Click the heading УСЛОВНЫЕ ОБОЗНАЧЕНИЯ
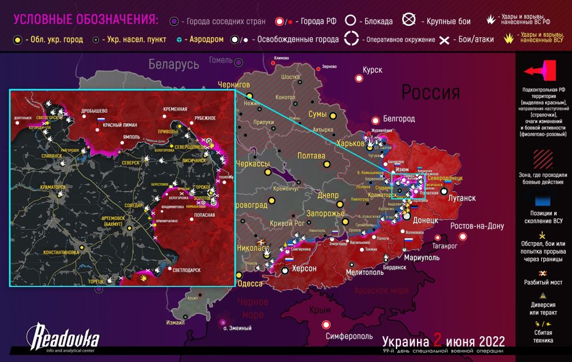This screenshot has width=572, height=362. (86, 19)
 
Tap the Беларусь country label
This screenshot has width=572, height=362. (174, 64)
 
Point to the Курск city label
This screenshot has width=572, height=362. (372, 70)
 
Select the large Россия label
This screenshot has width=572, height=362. (430, 92)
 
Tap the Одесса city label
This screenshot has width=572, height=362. (249, 284)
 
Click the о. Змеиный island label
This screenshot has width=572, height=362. (237, 328)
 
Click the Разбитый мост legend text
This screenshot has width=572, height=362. (541, 282)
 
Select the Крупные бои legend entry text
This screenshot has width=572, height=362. (448, 21)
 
